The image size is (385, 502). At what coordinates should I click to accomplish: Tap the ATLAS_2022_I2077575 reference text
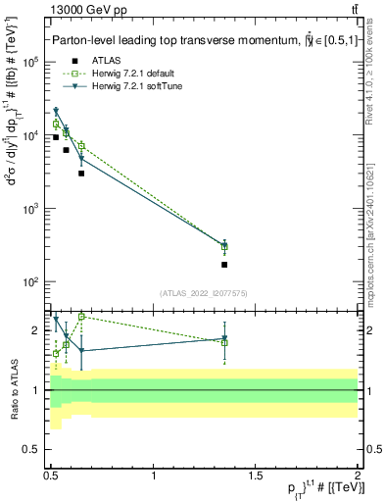pyautogui.click(x=203, y=292)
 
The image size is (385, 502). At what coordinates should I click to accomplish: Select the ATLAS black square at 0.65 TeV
pyautogui.click(x=81, y=174)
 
